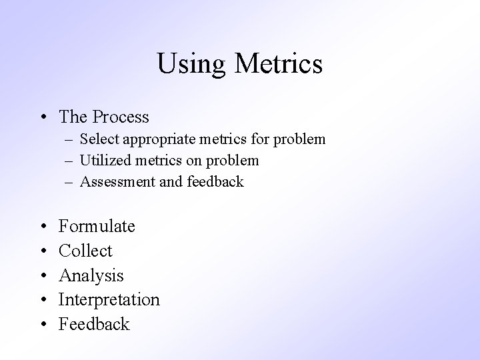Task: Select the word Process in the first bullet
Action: (121, 117)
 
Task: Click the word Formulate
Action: (97, 227)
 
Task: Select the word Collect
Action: (85, 251)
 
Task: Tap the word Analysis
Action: (91, 275)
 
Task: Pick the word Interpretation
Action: (109, 300)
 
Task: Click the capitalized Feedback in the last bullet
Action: (94, 325)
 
